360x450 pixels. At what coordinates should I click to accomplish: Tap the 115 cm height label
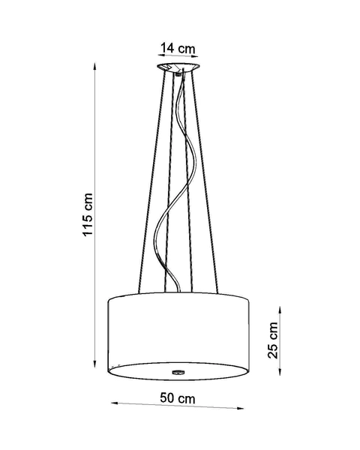click(88, 213)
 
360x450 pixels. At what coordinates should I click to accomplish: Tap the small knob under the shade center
click(178, 371)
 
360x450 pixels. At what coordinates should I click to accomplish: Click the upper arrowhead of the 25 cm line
click(281, 306)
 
